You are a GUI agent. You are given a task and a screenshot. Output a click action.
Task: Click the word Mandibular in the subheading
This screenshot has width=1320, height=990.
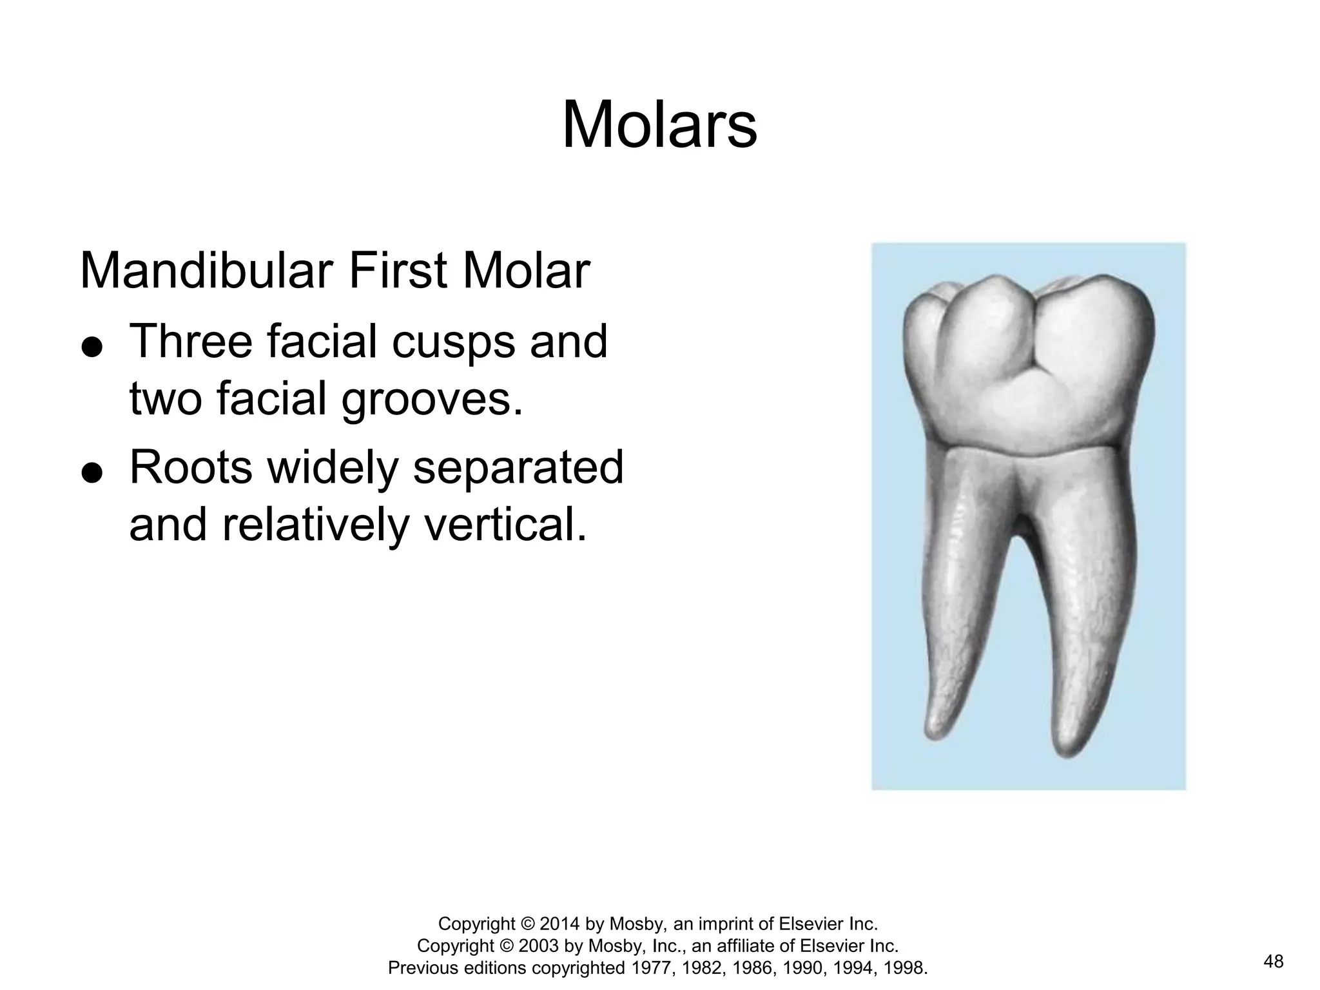pyautogui.click(x=207, y=271)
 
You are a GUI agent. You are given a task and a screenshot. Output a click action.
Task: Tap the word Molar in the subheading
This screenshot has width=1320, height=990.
pyautogui.click(x=525, y=271)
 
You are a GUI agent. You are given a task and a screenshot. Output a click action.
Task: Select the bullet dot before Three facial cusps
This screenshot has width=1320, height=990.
pyautogui.click(x=92, y=346)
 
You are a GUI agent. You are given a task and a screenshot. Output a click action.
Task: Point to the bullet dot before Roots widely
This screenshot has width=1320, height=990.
pyautogui.click(x=92, y=472)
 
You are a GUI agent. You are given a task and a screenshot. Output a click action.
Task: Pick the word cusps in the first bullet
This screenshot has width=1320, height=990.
pyautogui.click(x=454, y=342)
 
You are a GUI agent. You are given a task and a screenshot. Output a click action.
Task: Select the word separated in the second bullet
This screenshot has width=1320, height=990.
pyautogui.click(x=518, y=469)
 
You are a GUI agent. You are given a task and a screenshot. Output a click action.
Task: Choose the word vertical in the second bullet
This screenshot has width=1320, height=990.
pyautogui.click(x=500, y=525)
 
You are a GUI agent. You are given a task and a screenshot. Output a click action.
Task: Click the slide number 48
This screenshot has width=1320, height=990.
pyautogui.click(x=1274, y=962)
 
